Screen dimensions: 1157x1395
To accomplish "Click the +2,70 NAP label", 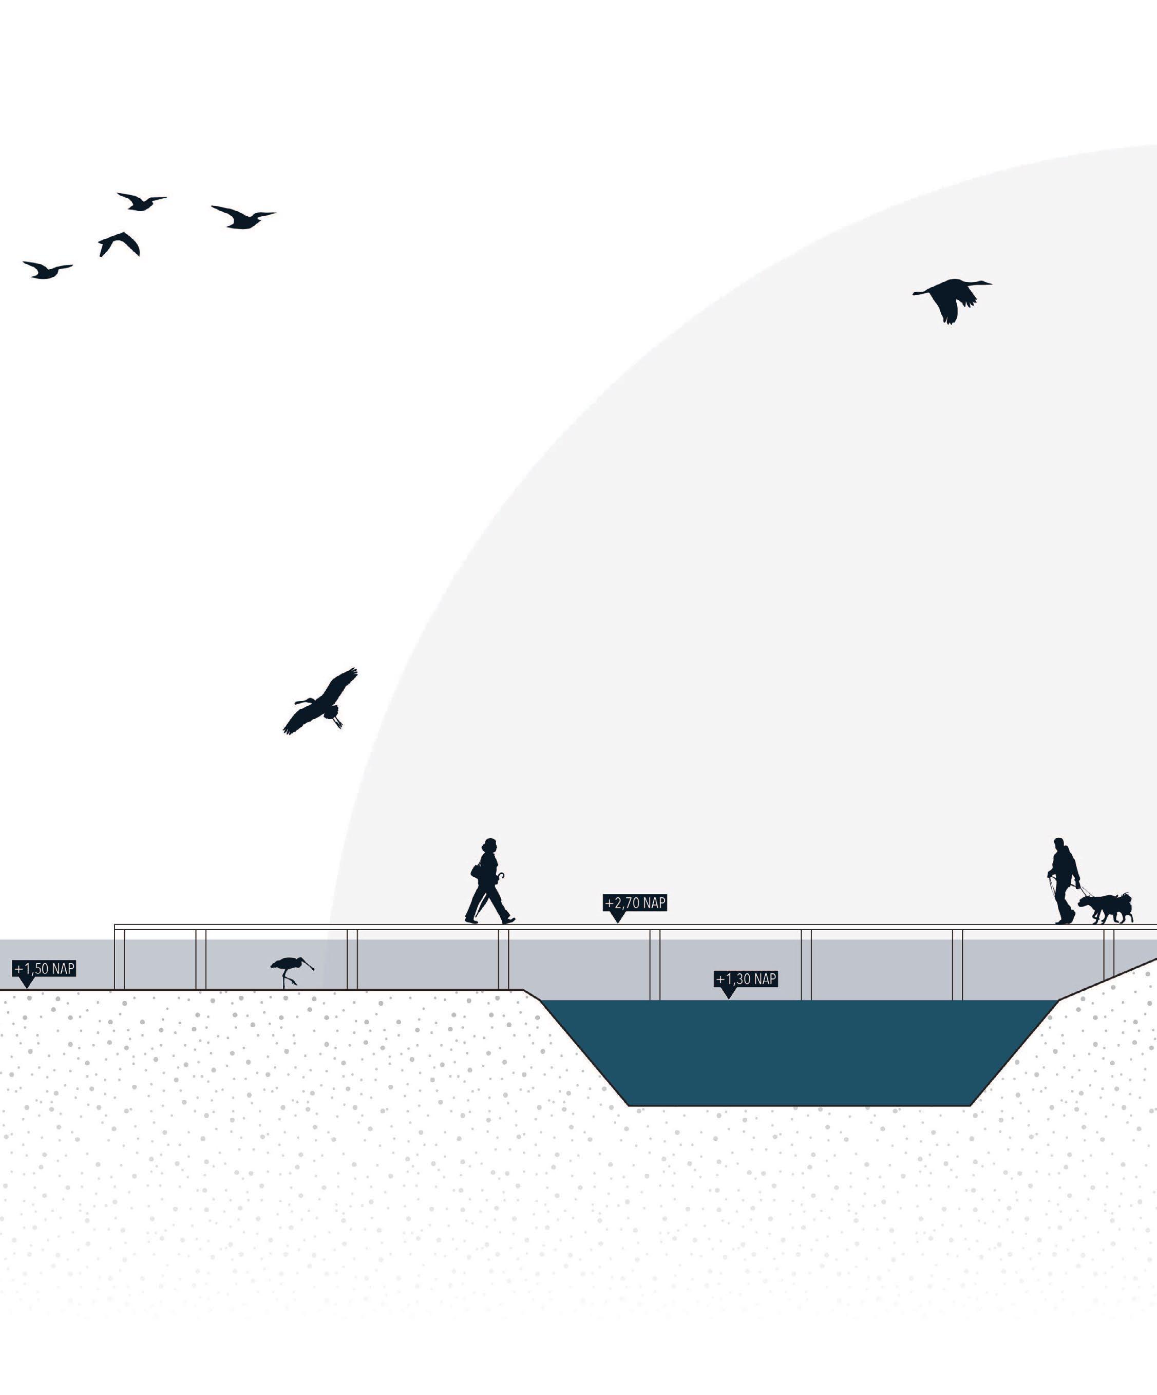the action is click(x=634, y=903).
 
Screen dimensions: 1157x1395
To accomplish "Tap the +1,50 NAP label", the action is click(x=45, y=969).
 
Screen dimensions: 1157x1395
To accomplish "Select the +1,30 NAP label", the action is click(x=746, y=979).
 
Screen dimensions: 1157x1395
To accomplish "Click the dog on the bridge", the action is click(x=1106, y=908).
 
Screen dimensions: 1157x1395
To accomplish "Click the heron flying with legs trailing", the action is click(x=322, y=702).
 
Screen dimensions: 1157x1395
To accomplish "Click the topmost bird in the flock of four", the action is click(x=141, y=201).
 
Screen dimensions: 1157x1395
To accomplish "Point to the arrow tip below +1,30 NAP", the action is click(x=728, y=997).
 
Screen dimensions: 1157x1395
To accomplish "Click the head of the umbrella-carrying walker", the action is click(x=489, y=845).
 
